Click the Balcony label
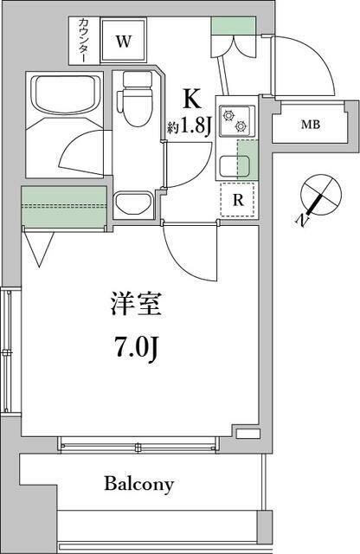(140, 483)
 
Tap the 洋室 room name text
(136, 306)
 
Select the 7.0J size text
(137, 350)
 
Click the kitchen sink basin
(231, 162)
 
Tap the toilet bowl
(137, 95)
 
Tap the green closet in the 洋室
(62, 205)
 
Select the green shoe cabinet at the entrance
(228, 27)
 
